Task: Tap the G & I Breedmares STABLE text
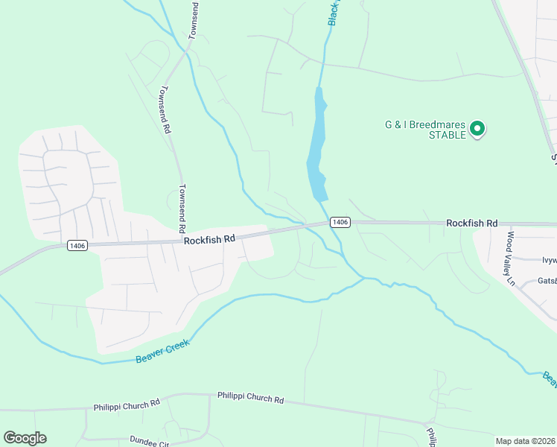425,130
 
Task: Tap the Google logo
25,438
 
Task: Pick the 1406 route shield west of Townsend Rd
77,245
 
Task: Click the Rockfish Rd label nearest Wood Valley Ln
471,223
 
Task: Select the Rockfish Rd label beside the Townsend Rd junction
209,239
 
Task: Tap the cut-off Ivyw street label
548,260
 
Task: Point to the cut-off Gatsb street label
547,282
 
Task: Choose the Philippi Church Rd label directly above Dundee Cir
127,406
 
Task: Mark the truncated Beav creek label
550,380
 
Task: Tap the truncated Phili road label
430,434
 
